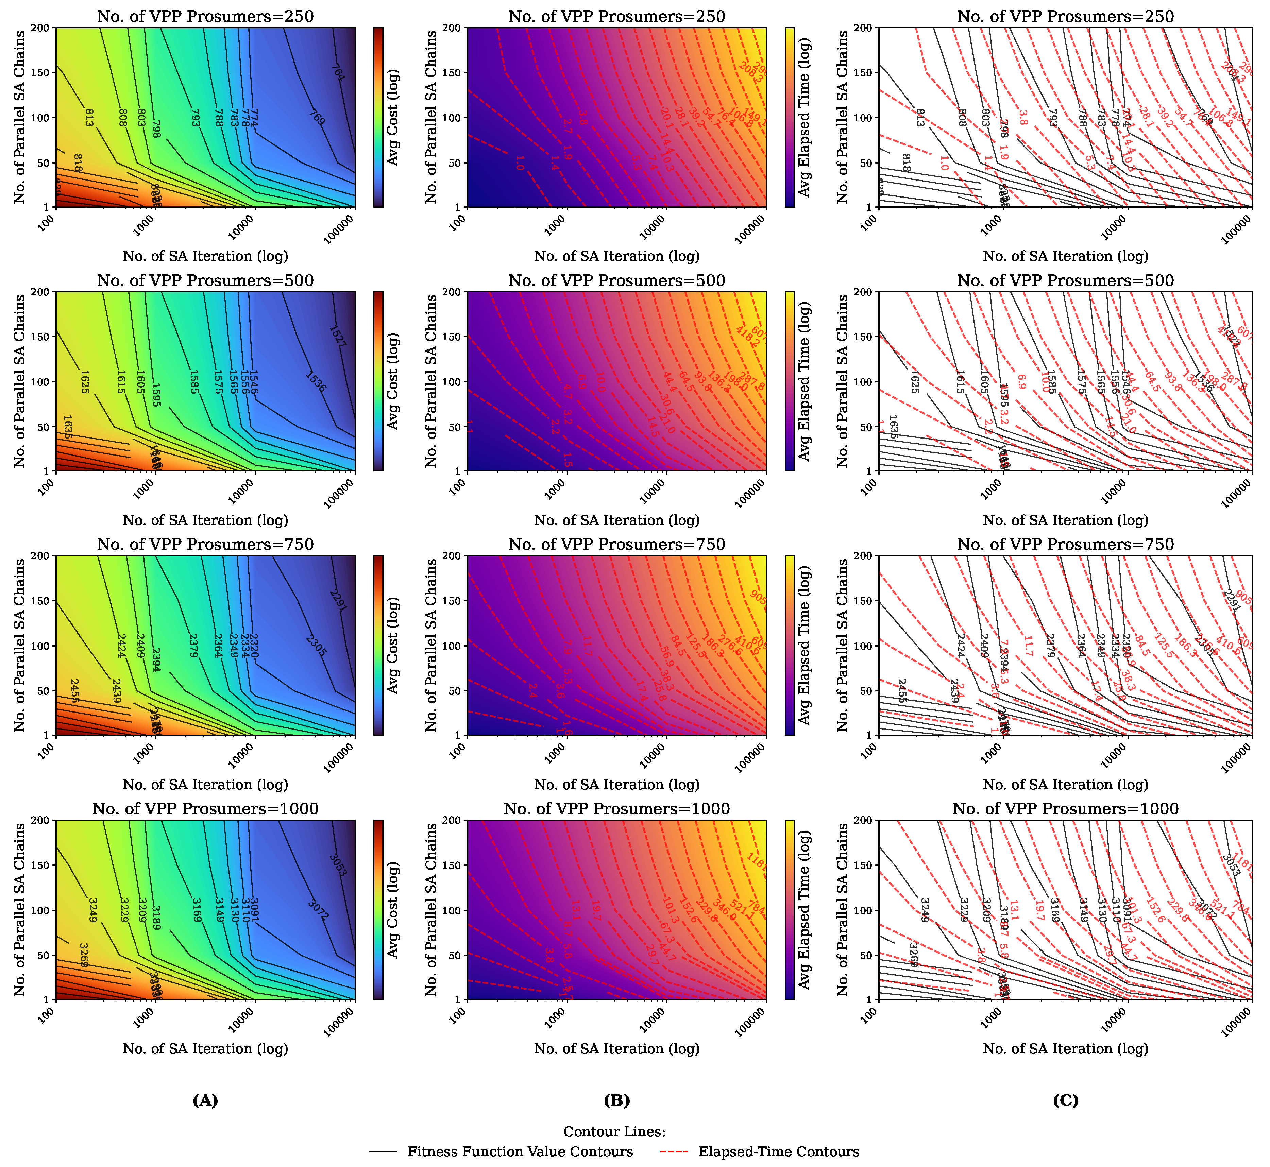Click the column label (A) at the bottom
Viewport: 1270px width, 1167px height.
click(205, 1101)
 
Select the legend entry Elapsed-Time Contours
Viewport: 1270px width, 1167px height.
click(778, 1152)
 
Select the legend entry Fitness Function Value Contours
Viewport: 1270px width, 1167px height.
click(520, 1152)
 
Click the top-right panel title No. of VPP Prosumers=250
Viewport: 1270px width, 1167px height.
click(1065, 16)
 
